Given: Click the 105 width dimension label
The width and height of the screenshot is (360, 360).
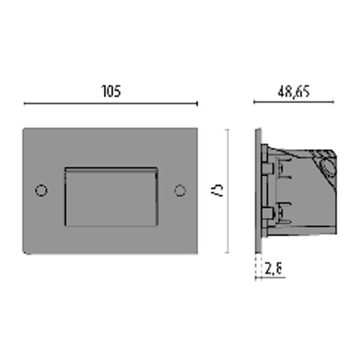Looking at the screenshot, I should pos(111,91).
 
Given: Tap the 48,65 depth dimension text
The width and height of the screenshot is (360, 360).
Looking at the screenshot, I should pos(293,92).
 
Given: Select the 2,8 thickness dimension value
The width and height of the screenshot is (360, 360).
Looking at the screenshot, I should pos(274,269).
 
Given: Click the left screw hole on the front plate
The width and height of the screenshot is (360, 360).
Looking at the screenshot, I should pos(41,190).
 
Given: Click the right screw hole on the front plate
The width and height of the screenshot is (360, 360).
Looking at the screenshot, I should pos(179,190).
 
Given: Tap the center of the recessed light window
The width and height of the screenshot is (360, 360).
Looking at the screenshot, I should pos(111,197).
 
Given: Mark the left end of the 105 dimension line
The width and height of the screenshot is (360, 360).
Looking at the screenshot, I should pos(25,104).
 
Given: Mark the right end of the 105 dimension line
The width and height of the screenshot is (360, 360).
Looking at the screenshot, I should pos(197,104).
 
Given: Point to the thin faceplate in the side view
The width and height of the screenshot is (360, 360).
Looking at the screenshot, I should pos(257,190).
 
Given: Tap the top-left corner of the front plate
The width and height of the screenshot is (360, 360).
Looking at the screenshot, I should pos(24,128).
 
